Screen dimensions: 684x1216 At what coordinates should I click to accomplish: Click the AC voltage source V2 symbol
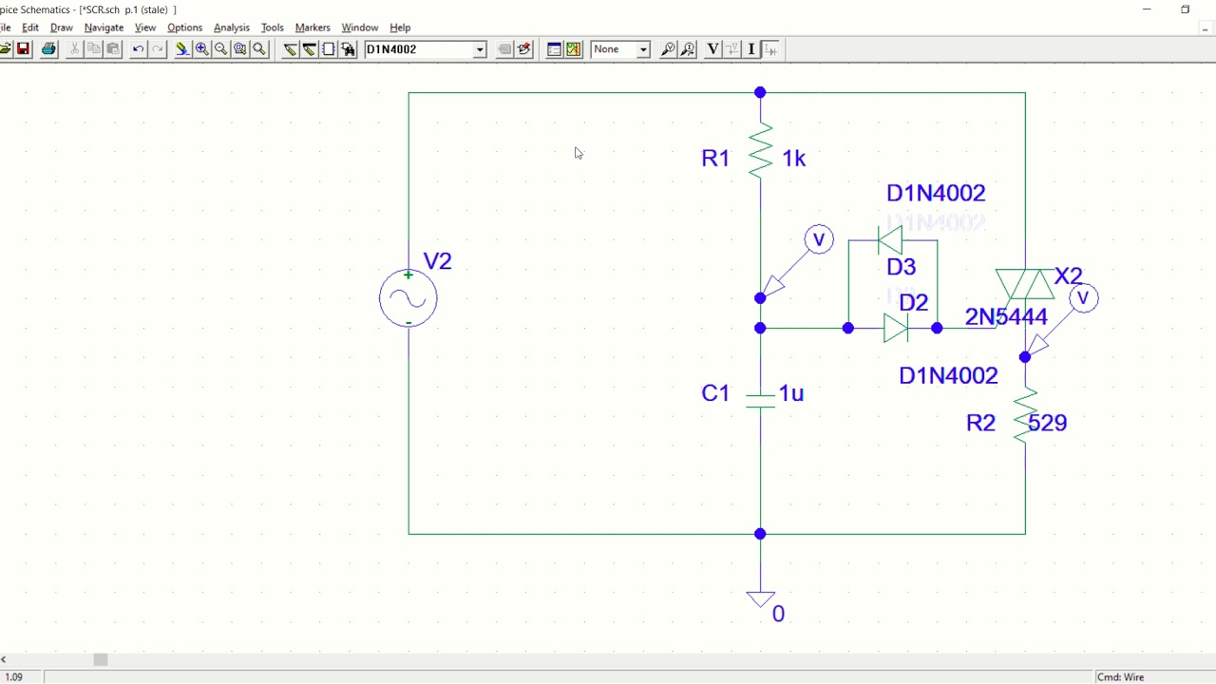408,298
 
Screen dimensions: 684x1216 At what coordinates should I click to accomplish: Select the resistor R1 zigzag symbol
760,152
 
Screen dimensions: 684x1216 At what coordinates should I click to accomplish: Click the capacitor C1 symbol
760,400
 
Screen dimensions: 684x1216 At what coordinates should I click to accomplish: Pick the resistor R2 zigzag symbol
1025,416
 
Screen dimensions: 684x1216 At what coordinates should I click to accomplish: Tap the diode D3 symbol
890,240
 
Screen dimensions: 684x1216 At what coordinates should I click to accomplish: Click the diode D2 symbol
895,328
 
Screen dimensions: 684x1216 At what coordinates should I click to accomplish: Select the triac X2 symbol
1024,284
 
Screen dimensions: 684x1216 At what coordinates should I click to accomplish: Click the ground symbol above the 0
760,598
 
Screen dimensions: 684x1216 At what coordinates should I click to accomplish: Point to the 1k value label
794,159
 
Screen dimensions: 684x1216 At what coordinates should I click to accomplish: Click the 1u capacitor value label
791,393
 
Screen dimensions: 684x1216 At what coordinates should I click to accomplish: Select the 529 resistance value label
1048,423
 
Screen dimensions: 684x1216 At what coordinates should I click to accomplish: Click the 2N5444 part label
1006,317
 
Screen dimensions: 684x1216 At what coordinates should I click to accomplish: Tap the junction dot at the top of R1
760,92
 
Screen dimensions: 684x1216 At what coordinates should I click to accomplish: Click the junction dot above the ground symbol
760,534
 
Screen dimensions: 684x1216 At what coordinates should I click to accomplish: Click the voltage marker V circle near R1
819,239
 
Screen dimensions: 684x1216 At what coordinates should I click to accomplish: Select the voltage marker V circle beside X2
1084,298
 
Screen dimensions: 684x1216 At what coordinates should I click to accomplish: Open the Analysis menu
231,28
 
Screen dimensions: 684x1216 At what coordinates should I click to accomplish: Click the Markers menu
313,28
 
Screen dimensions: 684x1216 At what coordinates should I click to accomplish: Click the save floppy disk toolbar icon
24,49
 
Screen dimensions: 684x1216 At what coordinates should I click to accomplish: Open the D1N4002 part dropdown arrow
480,49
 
